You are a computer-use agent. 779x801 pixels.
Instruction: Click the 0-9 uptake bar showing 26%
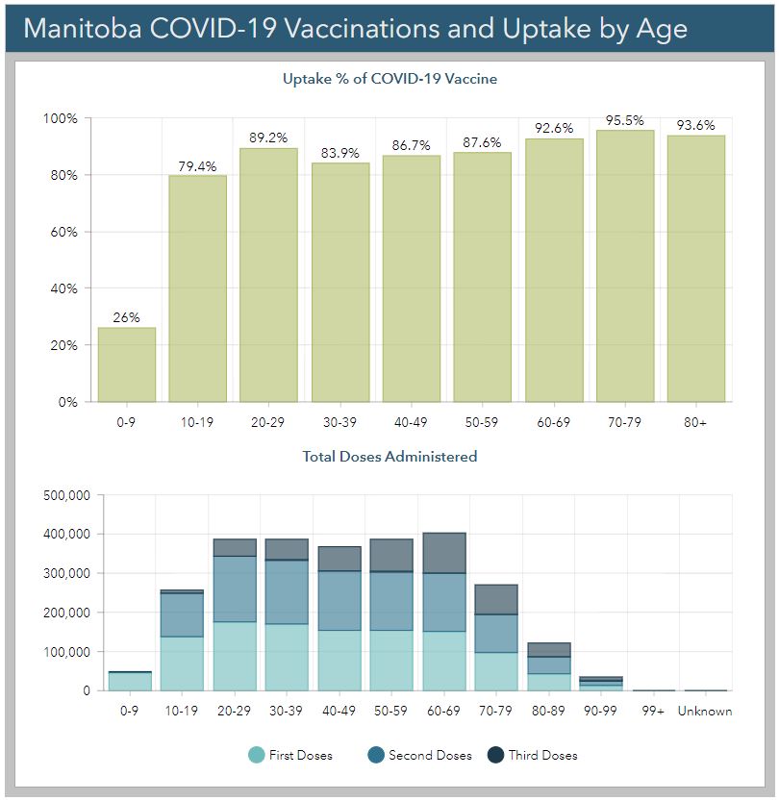(x=127, y=364)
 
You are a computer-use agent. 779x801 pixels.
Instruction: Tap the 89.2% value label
(x=268, y=138)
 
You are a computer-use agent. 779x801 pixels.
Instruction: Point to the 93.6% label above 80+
(x=696, y=124)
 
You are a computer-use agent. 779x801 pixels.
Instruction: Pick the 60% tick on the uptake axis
(x=64, y=232)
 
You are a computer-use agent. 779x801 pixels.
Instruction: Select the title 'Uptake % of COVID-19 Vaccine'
(x=389, y=79)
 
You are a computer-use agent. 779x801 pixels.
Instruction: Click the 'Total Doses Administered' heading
(x=389, y=457)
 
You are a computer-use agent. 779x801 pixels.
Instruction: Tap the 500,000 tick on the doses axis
(x=67, y=495)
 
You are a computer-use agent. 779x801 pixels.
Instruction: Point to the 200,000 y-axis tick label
(x=67, y=613)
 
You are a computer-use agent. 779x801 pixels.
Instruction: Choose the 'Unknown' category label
(x=705, y=712)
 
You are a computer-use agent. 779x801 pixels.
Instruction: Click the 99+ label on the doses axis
(x=653, y=712)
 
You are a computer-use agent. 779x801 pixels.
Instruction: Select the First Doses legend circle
(x=256, y=756)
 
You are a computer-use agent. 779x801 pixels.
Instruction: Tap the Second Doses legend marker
(x=375, y=756)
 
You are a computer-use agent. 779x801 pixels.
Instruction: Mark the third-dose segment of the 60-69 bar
(x=444, y=553)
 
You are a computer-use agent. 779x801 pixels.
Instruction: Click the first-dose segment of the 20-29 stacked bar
(x=235, y=656)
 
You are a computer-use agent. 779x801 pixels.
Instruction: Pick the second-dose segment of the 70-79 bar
(x=496, y=634)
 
